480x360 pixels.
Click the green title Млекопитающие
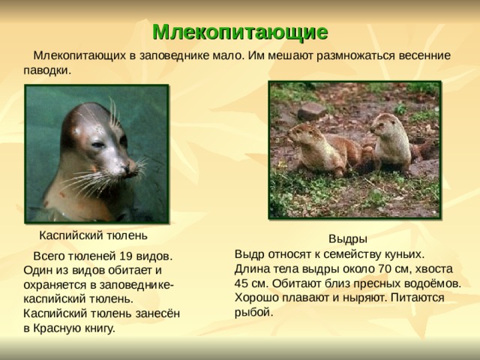point(240,32)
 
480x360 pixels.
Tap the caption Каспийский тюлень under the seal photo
point(93,235)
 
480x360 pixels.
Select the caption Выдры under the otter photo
point(348,238)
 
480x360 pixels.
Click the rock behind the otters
point(312,111)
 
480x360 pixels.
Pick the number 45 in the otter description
point(241,283)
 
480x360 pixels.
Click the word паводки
point(47,70)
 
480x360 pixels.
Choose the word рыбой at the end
point(253,313)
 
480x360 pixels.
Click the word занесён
point(157,313)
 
